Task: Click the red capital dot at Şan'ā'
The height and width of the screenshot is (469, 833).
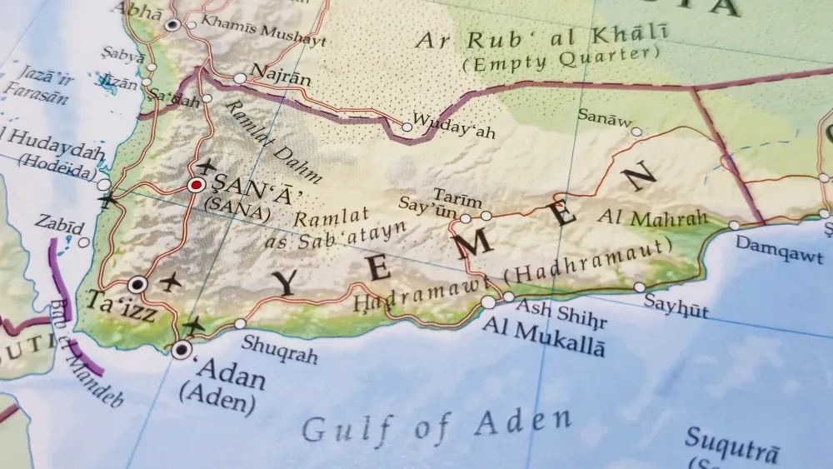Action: (196, 185)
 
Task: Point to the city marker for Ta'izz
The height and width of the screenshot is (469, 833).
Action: (138, 285)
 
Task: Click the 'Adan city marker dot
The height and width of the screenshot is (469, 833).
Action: (181, 350)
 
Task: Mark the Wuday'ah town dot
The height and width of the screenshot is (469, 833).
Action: (407, 127)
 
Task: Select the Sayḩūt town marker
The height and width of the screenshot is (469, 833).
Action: (639, 287)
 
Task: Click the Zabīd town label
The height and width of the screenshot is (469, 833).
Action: (59, 226)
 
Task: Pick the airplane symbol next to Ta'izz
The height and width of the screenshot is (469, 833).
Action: (172, 282)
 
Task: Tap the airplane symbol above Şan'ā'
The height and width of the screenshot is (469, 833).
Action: (205, 165)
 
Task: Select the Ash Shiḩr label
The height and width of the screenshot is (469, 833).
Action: (561, 315)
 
